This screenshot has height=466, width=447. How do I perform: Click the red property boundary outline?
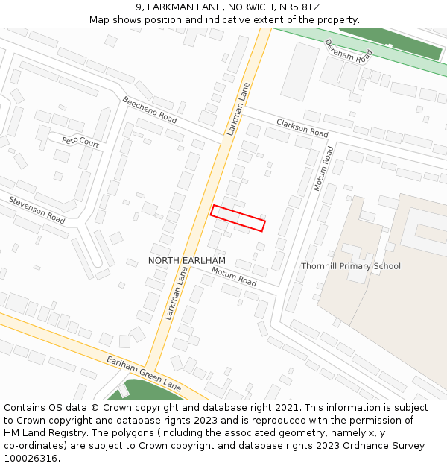click(238, 218)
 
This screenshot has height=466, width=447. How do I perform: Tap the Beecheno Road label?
click(150, 110)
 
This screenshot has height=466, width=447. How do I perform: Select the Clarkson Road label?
click(302, 127)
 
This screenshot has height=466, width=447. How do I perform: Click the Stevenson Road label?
click(37, 210)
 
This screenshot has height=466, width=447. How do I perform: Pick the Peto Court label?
click(80, 141)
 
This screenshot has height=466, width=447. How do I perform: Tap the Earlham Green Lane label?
click(144, 374)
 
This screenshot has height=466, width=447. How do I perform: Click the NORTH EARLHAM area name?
click(186, 260)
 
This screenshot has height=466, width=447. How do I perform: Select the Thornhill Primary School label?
click(350, 266)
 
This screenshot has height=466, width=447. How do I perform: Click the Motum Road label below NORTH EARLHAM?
click(234, 277)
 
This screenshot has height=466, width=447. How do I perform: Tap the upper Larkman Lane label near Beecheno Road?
click(238, 108)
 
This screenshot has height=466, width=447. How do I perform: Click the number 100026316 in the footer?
click(31, 459)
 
